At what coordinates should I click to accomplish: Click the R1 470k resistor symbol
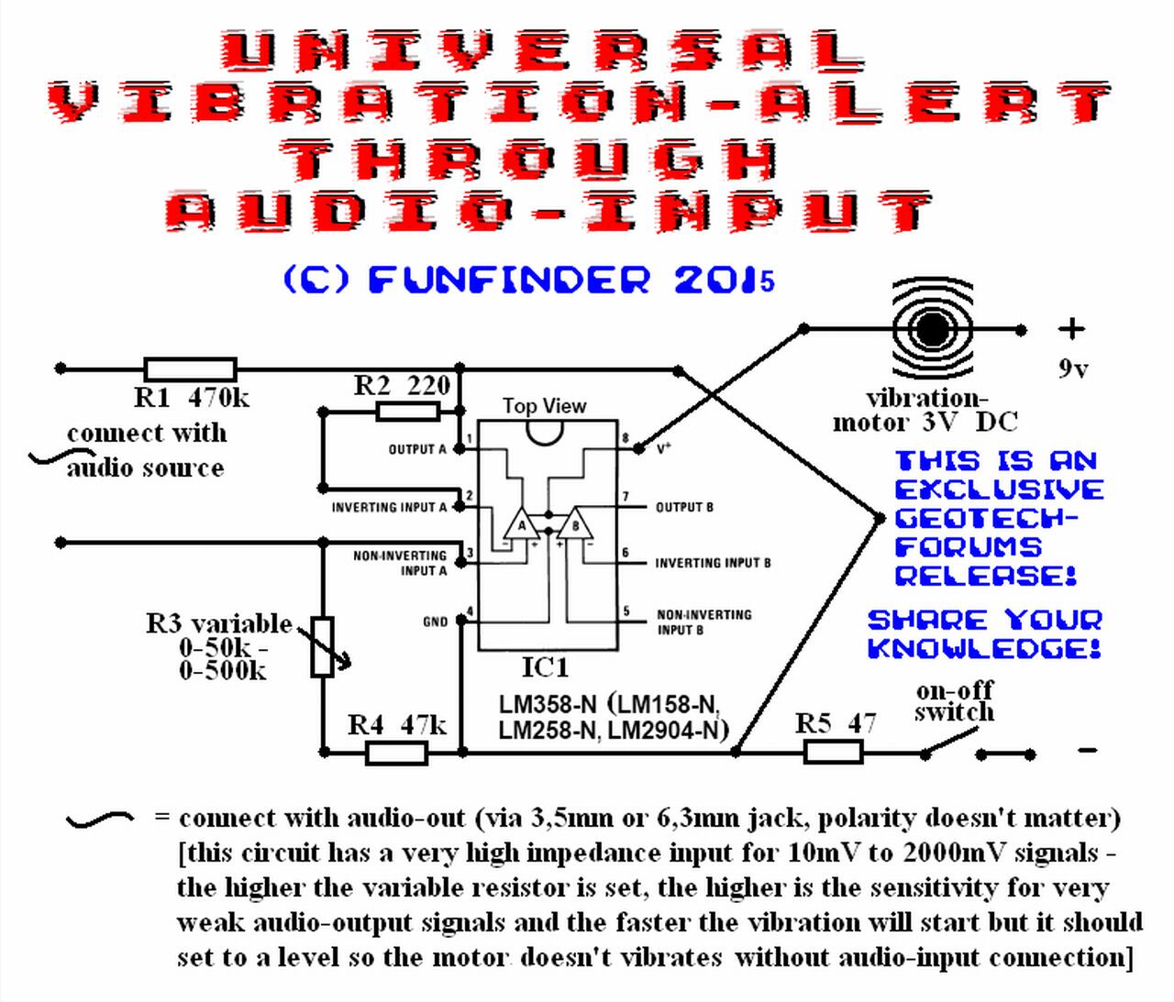[190, 369]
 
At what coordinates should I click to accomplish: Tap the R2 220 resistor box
[407, 411]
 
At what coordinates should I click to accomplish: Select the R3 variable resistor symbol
[323, 646]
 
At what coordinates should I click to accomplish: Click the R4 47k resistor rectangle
[397, 754]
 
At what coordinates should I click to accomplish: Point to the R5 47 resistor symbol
[834, 752]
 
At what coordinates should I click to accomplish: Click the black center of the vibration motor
[930, 330]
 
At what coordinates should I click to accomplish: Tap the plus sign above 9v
[1071, 329]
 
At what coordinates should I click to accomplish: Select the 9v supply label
[1073, 369]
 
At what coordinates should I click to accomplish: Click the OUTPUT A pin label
[417, 449]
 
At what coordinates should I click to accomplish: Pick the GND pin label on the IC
[435, 622]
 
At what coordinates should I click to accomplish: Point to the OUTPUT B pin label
[684, 507]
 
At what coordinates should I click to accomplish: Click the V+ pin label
[663, 448]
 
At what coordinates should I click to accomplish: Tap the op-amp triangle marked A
[520, 523]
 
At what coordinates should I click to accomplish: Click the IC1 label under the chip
[545, 667]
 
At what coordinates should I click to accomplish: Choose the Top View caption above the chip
[544, 406]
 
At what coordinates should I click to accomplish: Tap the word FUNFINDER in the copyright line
[509, 280]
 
